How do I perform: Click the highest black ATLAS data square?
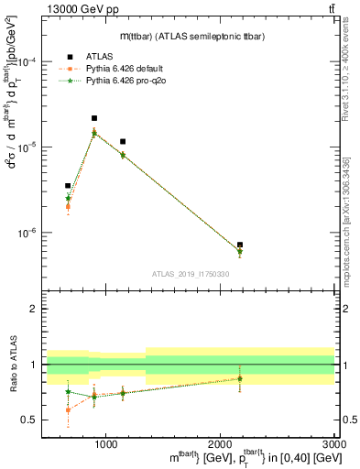click(x=94, y=118)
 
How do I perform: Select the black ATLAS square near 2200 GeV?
click(x=240, y=245)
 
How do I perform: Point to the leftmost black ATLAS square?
click(x=68, y=186)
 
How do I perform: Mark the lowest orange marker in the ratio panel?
click(x=68, y=409)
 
